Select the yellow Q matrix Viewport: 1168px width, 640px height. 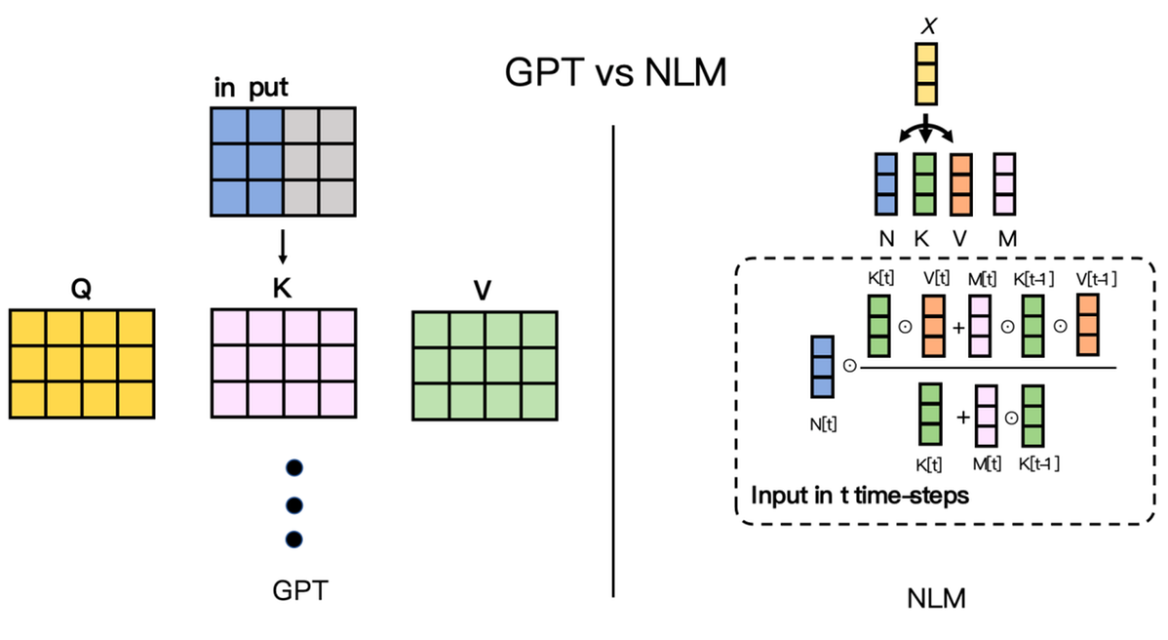82,363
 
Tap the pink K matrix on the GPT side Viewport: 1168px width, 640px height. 283,363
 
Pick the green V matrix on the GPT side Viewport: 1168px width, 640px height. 485,365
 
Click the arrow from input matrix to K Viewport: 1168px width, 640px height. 283,246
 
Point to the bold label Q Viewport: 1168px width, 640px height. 82,291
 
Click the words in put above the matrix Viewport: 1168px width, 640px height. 251,89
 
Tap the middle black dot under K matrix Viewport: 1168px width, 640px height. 293,503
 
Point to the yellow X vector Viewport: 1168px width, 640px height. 926,74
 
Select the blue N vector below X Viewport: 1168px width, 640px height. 885,183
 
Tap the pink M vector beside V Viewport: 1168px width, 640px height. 1004,183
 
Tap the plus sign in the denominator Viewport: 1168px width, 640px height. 963,417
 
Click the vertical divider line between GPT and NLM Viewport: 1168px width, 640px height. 614,361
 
